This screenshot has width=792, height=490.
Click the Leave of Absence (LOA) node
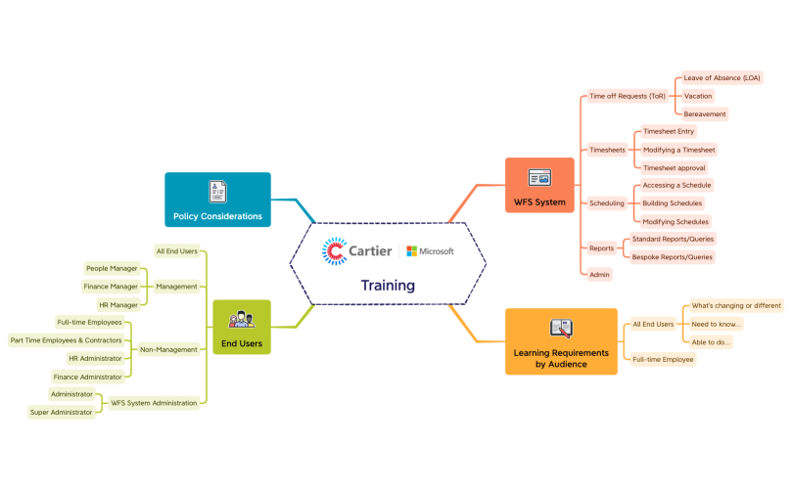[722, 78]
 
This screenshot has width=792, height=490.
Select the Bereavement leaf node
[705, 114]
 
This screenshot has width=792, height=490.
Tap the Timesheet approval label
[675, 167]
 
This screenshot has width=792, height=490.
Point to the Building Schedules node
[673, 203]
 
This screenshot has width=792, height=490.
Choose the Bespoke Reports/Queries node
[672, 257]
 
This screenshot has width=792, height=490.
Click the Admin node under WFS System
[600, 275]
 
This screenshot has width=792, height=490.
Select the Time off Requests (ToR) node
[627, 97]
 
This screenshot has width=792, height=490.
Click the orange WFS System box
[539, 186]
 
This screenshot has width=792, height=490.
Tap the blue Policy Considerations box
[217, 200]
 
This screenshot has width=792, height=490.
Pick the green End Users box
[241, 327]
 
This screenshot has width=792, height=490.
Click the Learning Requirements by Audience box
[560, 341]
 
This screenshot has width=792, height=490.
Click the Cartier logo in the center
[356, 251]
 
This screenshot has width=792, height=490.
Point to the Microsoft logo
[431, 251]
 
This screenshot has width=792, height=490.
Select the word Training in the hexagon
[388, 286]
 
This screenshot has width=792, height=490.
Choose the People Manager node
[112, 268]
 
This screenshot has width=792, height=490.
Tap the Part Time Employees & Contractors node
[66, 340]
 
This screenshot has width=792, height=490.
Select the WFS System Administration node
[154, 402]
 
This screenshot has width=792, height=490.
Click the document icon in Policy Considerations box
[217, 191]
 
